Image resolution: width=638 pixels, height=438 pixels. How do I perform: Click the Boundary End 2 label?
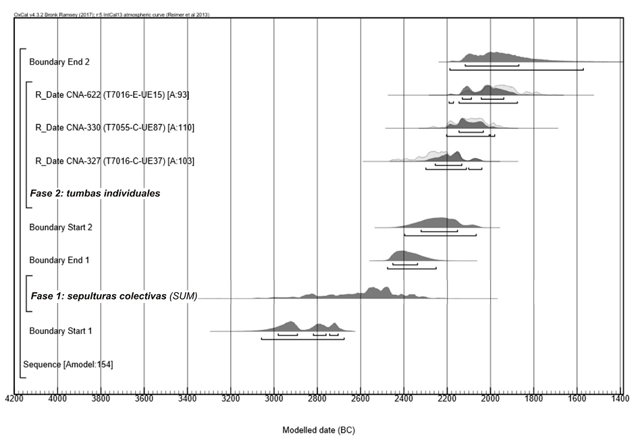coord(59,62)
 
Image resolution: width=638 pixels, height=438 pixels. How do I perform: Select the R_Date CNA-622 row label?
coord(112,95)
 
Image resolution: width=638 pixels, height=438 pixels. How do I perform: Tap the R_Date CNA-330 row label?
coord(115,128)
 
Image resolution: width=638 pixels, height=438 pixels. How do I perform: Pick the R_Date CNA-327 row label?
coord(115,161)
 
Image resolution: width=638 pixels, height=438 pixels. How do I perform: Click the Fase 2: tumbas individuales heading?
coord(95,193)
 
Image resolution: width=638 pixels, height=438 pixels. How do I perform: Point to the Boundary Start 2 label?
coord(61,227)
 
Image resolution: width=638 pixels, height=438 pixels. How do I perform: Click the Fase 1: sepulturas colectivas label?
coord(113,296)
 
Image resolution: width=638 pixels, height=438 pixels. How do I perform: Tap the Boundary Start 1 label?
coord(61,331)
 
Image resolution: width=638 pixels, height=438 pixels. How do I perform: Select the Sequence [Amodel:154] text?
coord(68,365)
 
